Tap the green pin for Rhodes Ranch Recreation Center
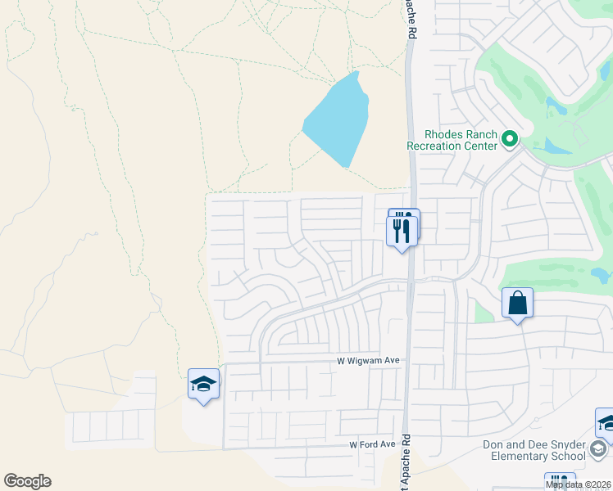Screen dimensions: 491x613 pos(510,138)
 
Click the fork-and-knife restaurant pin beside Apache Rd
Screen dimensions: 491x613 pos(402,230)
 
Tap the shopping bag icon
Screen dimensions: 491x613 pos(518,304)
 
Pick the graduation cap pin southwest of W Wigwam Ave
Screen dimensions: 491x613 pos(203,384)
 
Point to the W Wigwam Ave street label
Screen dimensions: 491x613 pos(368,360)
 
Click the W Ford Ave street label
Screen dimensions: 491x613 pos(372,444)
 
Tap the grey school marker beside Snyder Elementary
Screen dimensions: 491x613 pos(598,448)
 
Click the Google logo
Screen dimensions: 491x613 pos(27,480)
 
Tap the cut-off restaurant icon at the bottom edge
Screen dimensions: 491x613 pos(561,482)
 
